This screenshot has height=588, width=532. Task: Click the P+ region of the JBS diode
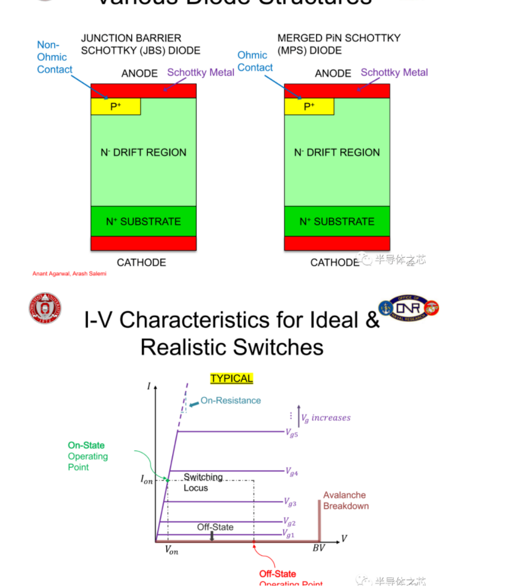pyautogui.click(x=116, y=106)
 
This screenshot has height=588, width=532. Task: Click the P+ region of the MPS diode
pyautogui.click(x=309, y=106)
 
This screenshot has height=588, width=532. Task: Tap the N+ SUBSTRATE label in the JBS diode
pyautogui.click(x=143, y=221)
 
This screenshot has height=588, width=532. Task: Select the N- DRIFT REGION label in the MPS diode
pyautogui.click(x=337, y=152)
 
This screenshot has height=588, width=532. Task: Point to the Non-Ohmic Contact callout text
pyautogui.click(x=54, y=57)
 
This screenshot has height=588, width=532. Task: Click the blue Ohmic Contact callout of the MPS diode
pyautogui.click(x=255, y=61)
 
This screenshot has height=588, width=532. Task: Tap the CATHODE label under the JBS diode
pyautogui.click(x=141, y=262)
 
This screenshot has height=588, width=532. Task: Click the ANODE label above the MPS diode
pyautogui.click(x=333, y=73)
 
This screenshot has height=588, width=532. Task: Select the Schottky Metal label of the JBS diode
pyautogui.click(x=201, y=72)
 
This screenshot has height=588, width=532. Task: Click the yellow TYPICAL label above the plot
pyautogui.click(x=231, y=378)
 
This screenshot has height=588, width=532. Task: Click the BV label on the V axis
pyautogui.click(x=318, y=548)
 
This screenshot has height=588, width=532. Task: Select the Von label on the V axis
pyautogui.click(x=172, y=550)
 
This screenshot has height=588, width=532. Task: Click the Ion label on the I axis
pyautogui.click(x=147, y=480)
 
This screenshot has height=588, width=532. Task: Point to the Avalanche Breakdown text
pyautogui.click(x=345, y=501)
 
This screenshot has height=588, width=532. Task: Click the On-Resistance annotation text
pyautogui.click(x=231, y=400)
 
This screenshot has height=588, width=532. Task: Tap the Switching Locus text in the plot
pyautogui.click(x=203, y=482)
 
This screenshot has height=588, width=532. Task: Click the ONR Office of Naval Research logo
pyautogui.click(x=408, y=308)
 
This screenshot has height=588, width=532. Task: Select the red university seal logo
pyautogui.click(x=45, y=308)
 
